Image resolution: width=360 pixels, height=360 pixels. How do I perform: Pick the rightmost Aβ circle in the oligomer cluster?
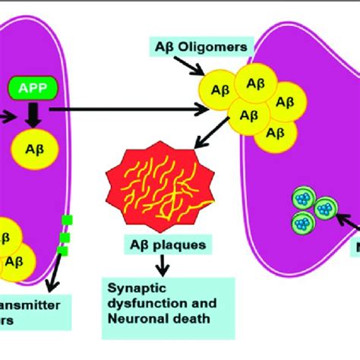click(284, 103)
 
